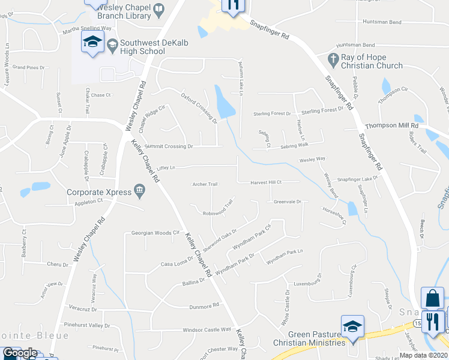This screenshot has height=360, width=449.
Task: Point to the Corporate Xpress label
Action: click(x=98, y=193)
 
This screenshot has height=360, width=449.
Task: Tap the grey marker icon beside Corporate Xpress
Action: click(x=140, y=192)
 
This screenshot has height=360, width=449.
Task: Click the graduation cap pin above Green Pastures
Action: click(x=352, y=326)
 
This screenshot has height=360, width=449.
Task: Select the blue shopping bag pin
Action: click(x=432, y=298)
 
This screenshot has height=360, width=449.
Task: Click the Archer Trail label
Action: click(x=204, y=184)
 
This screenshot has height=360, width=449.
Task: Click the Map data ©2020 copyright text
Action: click(x=423, y=355)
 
